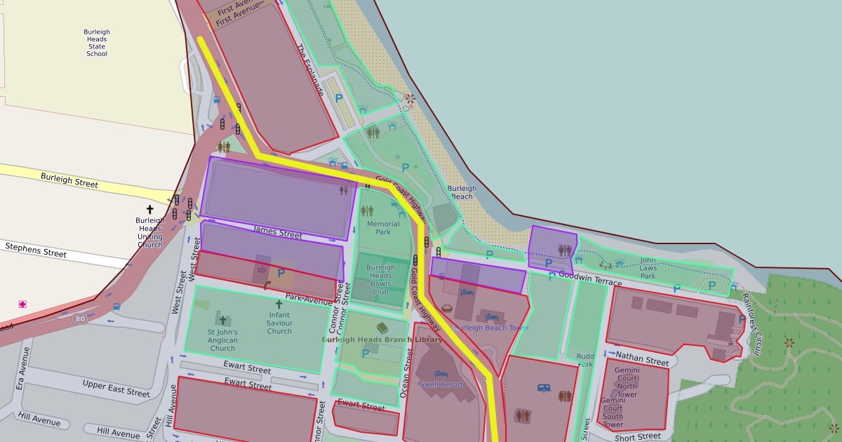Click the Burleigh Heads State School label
(97, 43)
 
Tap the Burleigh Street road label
(69, 180)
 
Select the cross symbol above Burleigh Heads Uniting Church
(149, 209)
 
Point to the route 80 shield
(80, 319)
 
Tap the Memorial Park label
(383, 228)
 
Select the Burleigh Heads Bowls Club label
(380, 279)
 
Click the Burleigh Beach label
(462, 192)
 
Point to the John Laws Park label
(648, 267)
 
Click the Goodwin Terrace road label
(590, 281)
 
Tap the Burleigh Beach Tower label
(492, 328)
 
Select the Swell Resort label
(441, 384)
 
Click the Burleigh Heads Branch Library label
(382, 340)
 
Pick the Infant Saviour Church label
(279, 323)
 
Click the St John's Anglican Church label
(222, 340)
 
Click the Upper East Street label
(116, 389)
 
